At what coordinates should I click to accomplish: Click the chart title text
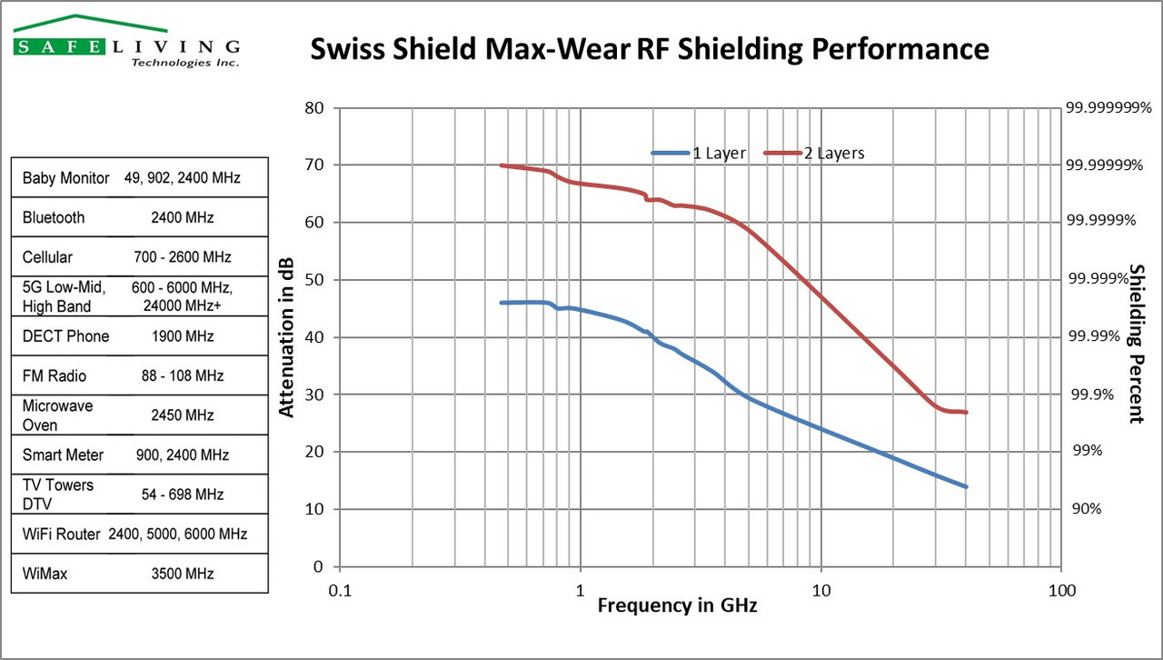pos(650,48)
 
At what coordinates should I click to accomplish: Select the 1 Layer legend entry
pos(699,153)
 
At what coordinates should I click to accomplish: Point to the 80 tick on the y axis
pos(314,107)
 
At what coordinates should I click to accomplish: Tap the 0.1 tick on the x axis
pos(340,589)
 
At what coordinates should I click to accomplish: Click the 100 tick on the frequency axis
pos(1061,589)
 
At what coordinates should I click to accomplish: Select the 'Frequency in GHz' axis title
pos(677,605)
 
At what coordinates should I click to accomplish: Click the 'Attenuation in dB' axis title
pos(286,336)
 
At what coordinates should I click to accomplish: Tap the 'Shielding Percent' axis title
pos(1135,344)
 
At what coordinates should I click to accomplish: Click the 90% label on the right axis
pos(1086,509)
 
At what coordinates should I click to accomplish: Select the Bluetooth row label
pos(54,218)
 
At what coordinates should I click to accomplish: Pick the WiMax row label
pos(45,574)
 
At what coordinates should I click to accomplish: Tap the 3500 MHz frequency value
pos(183,574)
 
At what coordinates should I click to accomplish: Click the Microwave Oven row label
pos(58,415)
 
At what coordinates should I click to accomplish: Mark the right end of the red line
pos(966,412)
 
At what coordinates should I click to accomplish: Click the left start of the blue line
pos(502,303)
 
